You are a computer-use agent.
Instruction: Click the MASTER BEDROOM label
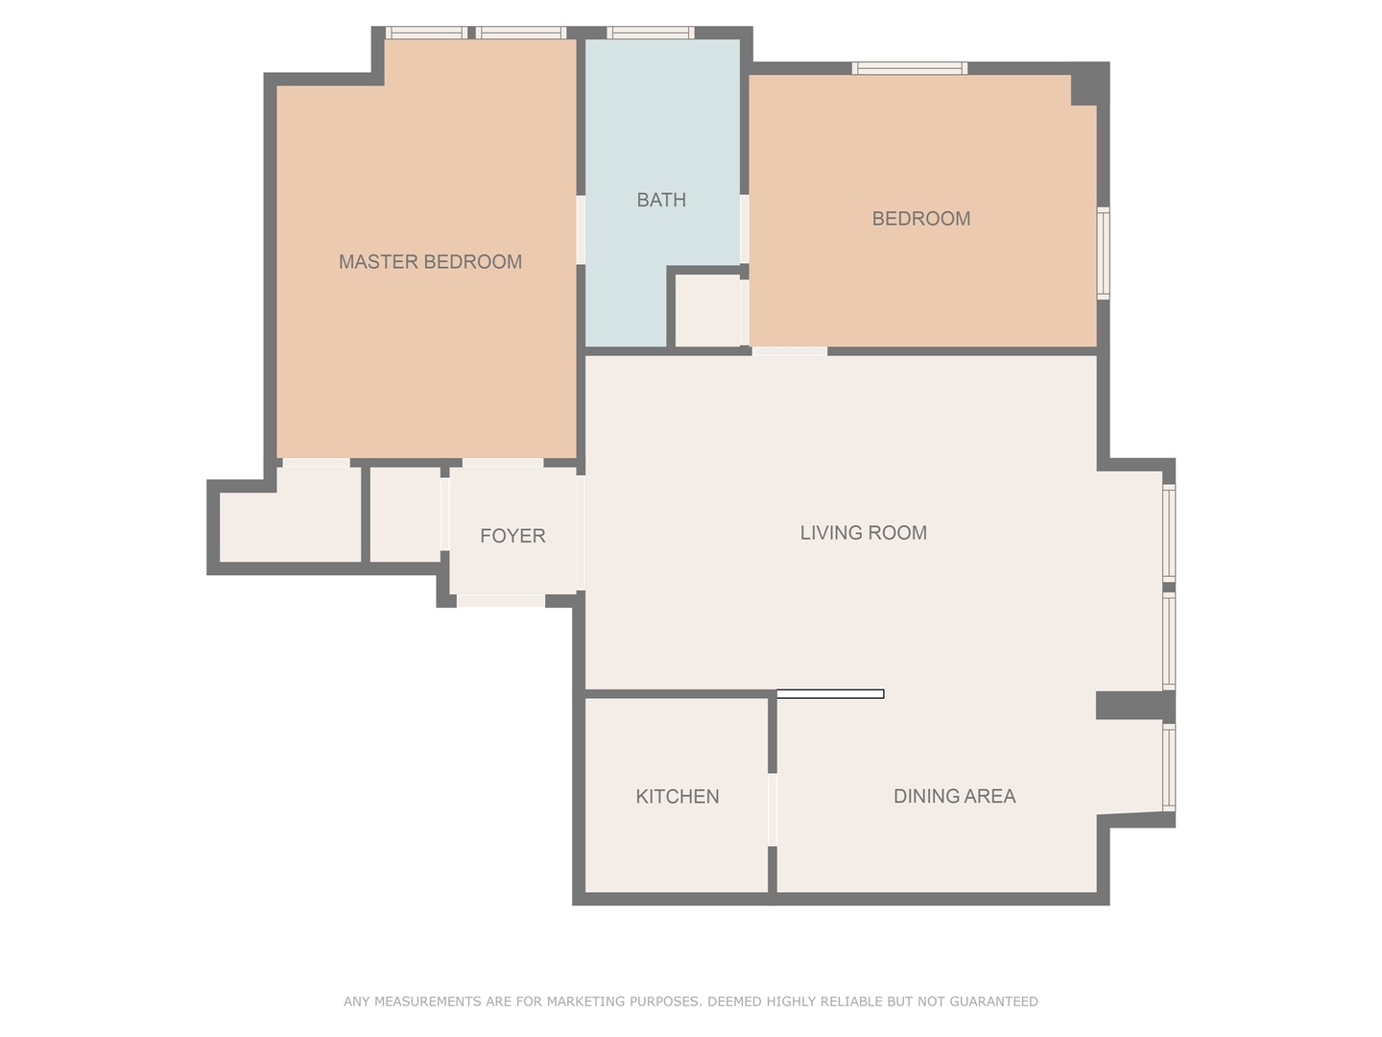point(430,261)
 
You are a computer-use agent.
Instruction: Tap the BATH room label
point(661,200)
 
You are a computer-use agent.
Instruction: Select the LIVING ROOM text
point(863,533)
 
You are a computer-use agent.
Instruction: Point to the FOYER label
point(512,536)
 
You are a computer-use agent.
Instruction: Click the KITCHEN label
point(677,796)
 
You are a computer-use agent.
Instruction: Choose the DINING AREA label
point(954,796)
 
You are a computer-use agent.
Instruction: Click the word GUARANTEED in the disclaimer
point(993,1001)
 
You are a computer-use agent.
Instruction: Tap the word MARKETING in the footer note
point(584,1001)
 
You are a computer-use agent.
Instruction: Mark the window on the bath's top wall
point(650,33)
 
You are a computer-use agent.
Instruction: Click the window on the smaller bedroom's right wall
point(1104,253)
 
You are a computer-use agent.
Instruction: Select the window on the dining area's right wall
point(1169,768)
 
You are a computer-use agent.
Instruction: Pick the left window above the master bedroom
point(426,33)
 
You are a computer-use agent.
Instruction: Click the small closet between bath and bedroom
point(708,310)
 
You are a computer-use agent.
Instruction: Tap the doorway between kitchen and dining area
point(773,809)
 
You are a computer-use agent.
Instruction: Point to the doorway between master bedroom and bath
point(581,229)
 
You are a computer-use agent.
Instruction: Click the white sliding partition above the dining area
point(830,693)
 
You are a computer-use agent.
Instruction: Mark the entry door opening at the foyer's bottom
point(500,601)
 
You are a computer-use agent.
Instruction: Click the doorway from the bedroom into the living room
point(789,351)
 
